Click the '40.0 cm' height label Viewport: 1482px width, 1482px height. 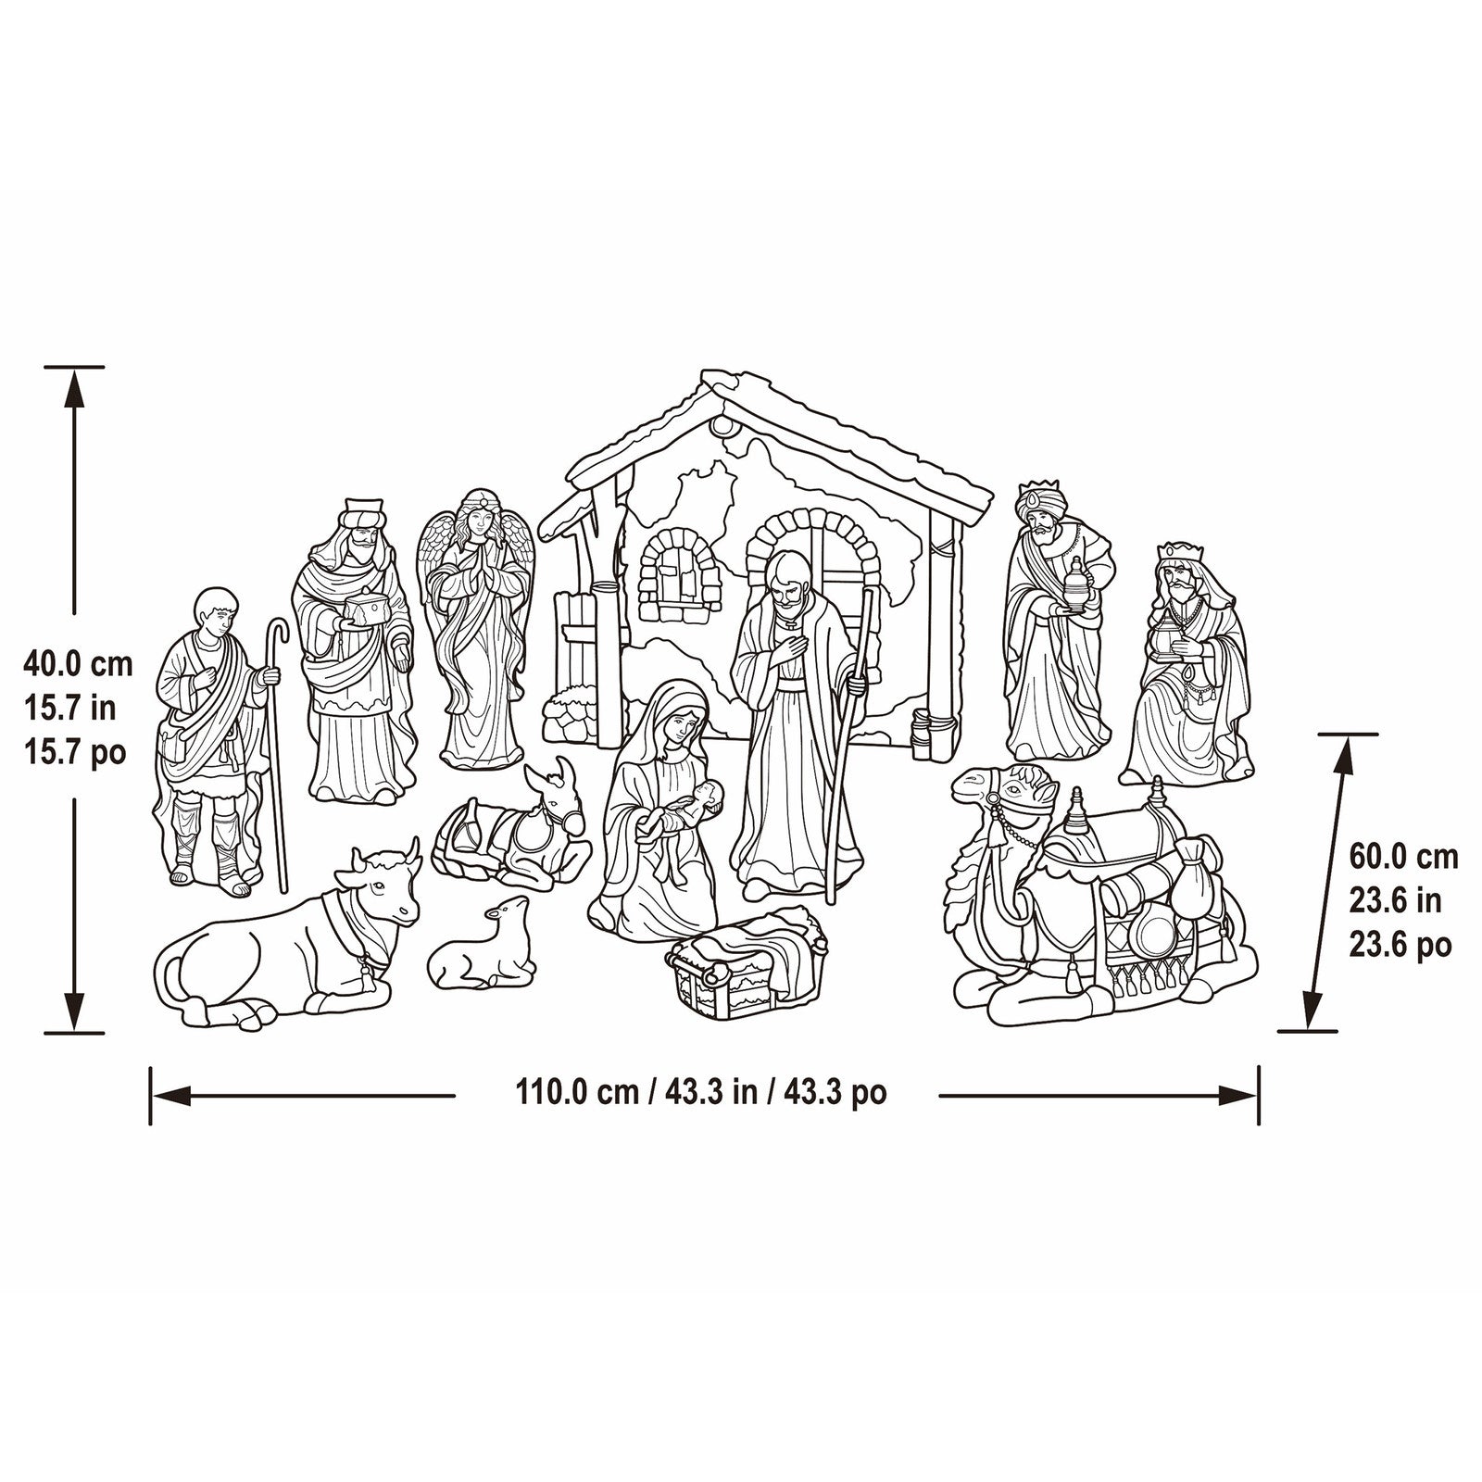(x=79, y=663)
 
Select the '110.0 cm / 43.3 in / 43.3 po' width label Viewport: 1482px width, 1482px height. (x=701, y=1093)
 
